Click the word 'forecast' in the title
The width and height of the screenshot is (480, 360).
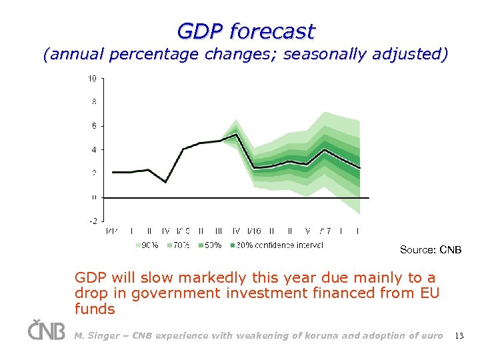coord(271,31)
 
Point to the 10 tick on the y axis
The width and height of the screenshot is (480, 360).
coord(92,79)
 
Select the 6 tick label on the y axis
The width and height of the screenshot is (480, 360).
coord(94,126)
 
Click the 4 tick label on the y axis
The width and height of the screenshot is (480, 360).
coord(94,149)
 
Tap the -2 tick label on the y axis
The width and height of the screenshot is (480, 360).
coord(93,221)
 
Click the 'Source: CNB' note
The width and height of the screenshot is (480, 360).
coord(430,250)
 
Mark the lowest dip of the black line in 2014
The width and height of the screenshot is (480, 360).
coord(165,182)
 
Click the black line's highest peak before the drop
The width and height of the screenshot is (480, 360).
coord(236,134)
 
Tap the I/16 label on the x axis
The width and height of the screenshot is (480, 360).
coord(254,231)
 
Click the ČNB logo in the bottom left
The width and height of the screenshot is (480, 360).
coord(47,330)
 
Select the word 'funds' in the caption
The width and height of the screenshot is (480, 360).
coord(95,309)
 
